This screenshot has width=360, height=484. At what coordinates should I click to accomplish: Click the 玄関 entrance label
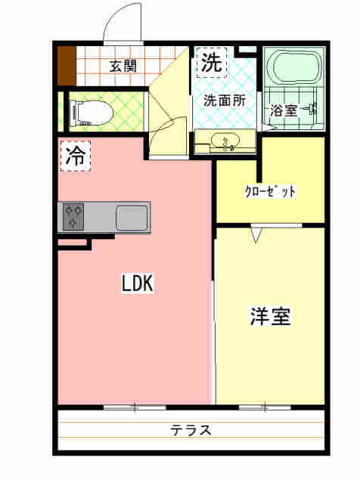coord(123,66)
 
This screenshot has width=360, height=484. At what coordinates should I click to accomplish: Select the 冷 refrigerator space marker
coord(76,156)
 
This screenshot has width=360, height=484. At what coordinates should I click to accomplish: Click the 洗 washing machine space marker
coord(212,62)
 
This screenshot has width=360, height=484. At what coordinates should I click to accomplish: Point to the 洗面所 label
coord(225,101)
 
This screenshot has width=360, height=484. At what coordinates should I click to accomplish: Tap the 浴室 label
coord(284,110)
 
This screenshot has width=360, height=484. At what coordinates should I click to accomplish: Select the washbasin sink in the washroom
coord(225,141)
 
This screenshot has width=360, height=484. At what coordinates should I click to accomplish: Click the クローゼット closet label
coord(270,192)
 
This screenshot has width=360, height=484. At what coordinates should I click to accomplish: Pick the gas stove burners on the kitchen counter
coord(73,217)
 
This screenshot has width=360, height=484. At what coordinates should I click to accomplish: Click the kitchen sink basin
coord(132,217)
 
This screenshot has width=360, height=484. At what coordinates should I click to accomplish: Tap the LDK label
coord(138,284)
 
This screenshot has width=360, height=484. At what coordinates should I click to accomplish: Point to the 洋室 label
coord(271,316)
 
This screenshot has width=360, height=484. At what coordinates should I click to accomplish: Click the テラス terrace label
coord(191,430)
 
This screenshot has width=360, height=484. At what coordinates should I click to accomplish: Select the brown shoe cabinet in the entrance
coord(67,66)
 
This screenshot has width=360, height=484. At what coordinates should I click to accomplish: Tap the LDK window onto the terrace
coord(135,408)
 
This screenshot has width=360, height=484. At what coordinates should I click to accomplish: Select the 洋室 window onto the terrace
coord(265,408)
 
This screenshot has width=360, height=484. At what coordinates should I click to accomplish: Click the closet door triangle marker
coord(256,234)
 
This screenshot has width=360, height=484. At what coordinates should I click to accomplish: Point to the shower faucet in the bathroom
coord(311,108)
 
